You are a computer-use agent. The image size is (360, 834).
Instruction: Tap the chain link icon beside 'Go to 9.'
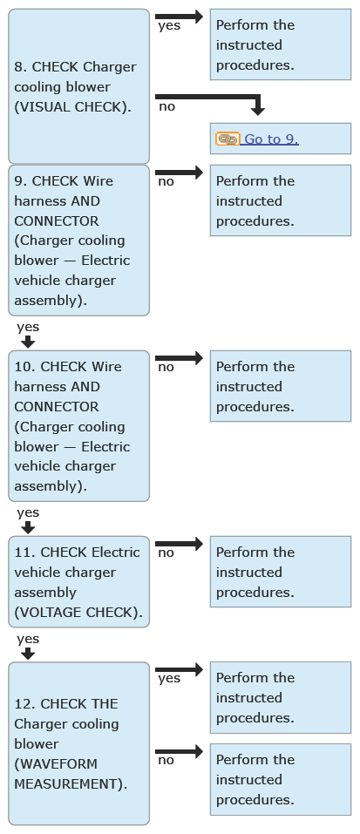(228, 139)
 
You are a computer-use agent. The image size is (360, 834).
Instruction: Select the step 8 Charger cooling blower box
(78, 86)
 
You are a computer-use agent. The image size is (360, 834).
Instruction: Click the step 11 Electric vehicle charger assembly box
(78, 582)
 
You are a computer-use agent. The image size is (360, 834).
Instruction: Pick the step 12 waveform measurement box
(78, 743)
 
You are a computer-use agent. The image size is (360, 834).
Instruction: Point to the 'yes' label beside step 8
(169, 25)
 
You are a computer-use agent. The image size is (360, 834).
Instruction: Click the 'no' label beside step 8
(166, 106)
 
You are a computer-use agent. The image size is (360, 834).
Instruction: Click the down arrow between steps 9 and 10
(28, 342)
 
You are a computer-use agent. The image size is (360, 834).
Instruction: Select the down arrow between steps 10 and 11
(28, 527)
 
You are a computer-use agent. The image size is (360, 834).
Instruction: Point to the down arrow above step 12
(28, 653)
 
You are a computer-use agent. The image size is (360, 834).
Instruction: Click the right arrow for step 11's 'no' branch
(180, 544)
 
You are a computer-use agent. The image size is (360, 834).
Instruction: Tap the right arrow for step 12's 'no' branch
(180, 751)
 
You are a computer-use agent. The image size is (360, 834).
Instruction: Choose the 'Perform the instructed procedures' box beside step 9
(281, 200)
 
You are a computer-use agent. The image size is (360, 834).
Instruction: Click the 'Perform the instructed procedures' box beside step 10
(281, 386)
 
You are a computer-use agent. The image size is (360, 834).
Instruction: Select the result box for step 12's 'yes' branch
(281, 697)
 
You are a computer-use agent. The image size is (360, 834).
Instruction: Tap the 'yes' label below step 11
(28, 639)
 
